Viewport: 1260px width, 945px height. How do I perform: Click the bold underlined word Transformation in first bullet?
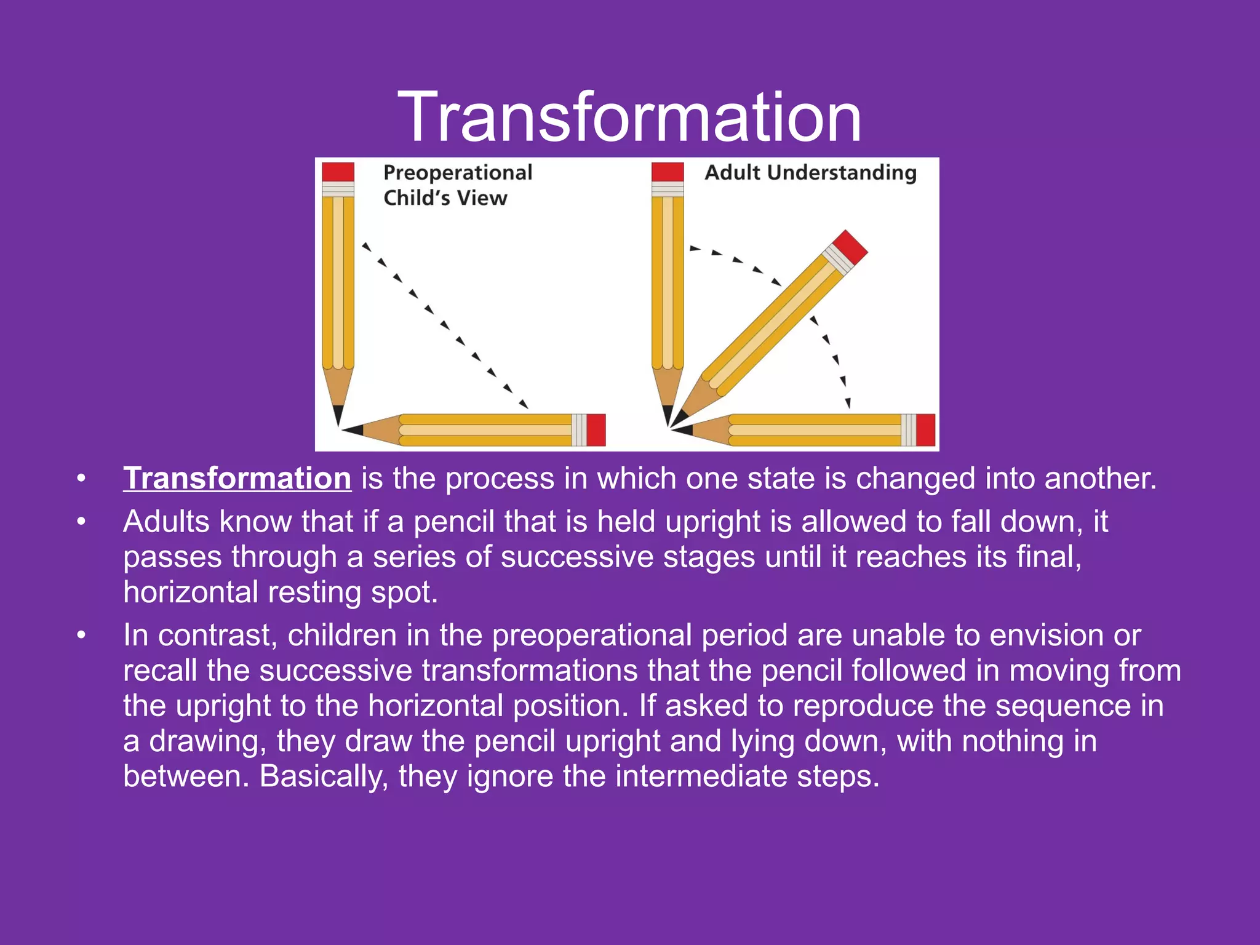pyautogui.click(x=237, y=479)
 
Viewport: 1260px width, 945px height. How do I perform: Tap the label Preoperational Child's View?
pyautogui.click(x=457, y=185)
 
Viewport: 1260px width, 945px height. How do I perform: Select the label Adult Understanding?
pyautogui.click(x=810, y=173)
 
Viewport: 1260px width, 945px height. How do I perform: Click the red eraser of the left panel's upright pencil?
pyautogui.click(x=338, y=172)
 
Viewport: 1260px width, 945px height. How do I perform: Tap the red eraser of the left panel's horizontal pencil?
pyautogui.click(x=596, y=429)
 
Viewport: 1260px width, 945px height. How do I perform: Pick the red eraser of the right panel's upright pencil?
pyautogui.click(x=668, y=172)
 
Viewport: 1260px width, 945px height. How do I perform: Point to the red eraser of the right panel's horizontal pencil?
pyautogui.click(x=925, y=429)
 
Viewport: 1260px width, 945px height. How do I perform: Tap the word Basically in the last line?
pyautogui.click(x=324, y=776)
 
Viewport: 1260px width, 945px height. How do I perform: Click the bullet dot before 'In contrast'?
pyautogui.click(x=81, y=636)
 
